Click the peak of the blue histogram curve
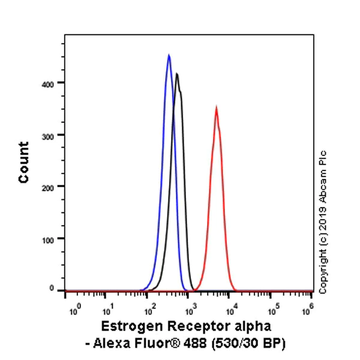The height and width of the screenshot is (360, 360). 169,55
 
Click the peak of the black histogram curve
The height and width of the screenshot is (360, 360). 177,74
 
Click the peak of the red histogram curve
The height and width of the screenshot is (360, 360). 216,108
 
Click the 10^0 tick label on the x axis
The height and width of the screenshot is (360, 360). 75,311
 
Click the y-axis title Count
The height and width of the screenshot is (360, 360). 24,162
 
